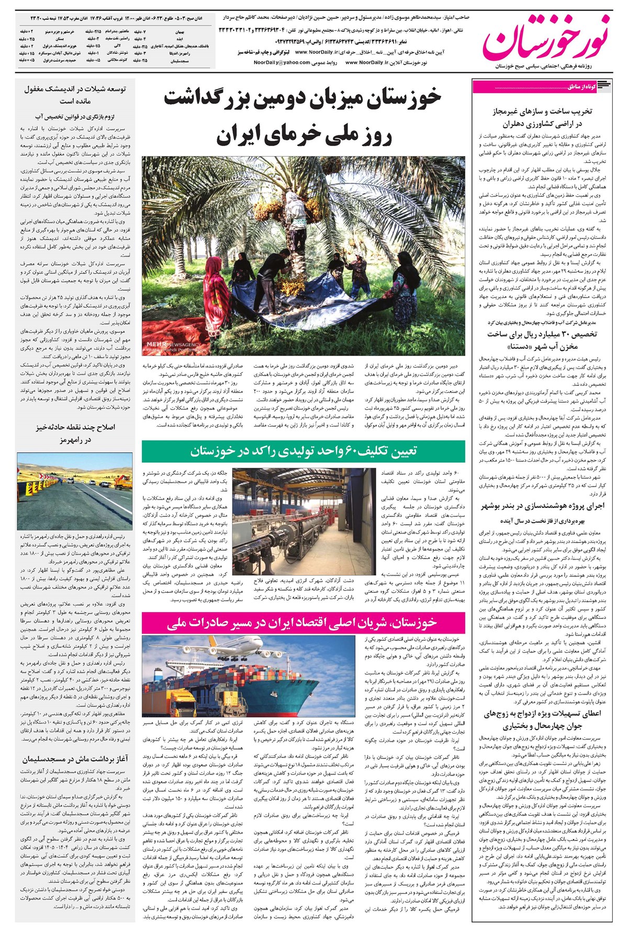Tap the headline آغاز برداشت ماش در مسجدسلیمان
click(x=74, y=759)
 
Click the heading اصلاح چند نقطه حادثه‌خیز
click(x=75, y=427)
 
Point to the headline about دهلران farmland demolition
click(x=539, y=118)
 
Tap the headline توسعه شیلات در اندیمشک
click(x=74, y=89)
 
